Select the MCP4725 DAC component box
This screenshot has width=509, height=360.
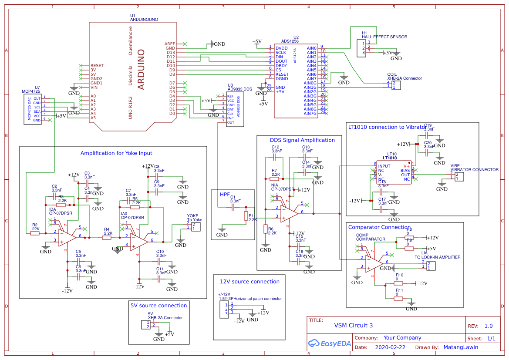(32, 109)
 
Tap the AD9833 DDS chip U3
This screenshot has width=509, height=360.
(235, 109)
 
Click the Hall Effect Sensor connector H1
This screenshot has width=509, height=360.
(361, 48)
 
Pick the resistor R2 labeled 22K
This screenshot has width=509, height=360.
(35, 233)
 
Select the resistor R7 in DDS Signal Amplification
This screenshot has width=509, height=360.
(274, 178)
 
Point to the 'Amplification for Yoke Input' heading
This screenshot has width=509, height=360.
(116, 153)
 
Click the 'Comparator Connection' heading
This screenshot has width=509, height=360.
(379, 227)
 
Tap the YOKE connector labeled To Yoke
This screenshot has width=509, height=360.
(196, 226)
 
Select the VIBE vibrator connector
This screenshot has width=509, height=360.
(459, 176)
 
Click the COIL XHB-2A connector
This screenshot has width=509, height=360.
(396, 85)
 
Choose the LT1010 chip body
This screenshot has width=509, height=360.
(393, 173)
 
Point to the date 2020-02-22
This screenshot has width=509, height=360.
(390, 347)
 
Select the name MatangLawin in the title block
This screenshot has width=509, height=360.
(460, 347)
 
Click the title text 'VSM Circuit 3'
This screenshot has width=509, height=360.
(353, 325)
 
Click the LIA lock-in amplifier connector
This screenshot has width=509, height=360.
(430, 266)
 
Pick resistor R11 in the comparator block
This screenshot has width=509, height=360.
(398, 299)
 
